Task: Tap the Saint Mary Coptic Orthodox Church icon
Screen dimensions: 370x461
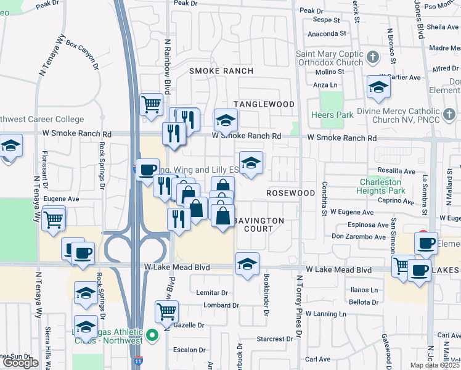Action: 372,58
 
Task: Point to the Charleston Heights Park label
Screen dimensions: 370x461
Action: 380,186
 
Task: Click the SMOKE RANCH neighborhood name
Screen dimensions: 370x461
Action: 221,72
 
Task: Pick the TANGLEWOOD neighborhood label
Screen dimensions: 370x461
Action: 264,104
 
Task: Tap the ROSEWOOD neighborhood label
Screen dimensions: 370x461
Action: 291,193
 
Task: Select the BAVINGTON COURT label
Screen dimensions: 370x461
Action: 261,224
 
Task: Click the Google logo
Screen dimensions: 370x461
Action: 21,363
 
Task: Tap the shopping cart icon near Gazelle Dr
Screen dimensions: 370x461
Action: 166,313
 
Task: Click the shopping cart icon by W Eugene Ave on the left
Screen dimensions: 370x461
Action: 54,218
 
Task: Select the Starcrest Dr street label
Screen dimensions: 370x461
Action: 275,339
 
